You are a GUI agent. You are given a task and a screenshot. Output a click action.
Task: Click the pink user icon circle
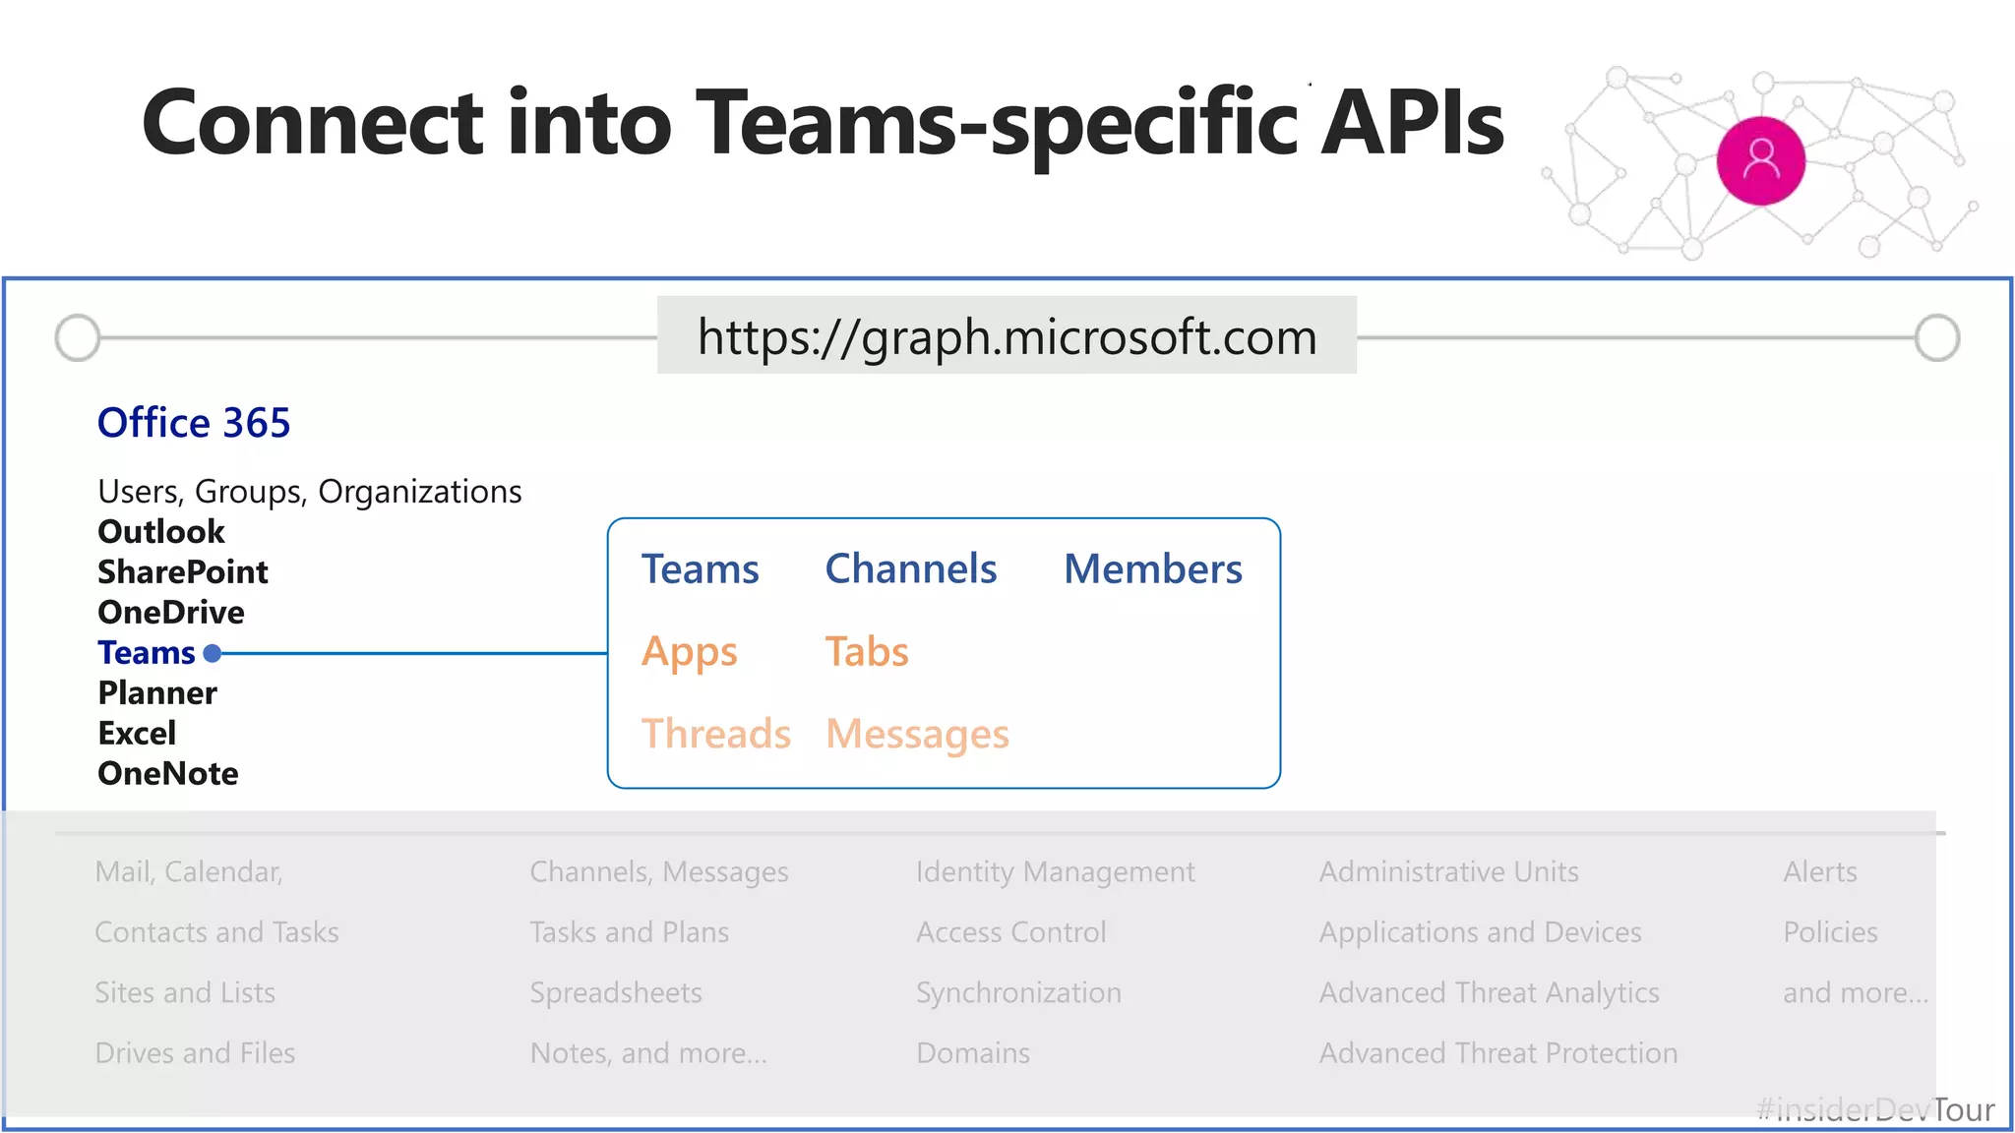pyautogui.click(x=1760, y=160)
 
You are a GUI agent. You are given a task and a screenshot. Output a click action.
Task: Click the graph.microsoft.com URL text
pyautogui.click(x=1007, y=337)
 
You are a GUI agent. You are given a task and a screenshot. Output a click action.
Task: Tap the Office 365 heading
pyautogui.click(x=194, y=423)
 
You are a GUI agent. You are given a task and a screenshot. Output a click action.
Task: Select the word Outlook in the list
pyautogui.click(x=161, y=532)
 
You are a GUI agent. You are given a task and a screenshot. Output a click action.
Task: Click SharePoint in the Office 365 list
pyautogui.click(x=183, y=572)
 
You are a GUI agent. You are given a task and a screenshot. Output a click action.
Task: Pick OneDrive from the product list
pyautogui.click(x=171, y=613)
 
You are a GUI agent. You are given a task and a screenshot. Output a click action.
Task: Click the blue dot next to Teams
pyautogui.click(x=213, y=653)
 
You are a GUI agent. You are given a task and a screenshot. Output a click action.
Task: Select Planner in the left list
pyautogui.click(x=157, y=693)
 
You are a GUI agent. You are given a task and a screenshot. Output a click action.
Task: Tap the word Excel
pyautogui.click(x=137, y=734)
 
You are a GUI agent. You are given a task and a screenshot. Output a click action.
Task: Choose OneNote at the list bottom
pyautogui.click(x=168, y=774)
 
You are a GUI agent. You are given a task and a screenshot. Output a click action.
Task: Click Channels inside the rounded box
pyautogui.click(x=910, y=569)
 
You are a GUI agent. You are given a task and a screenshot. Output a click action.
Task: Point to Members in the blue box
pyautogui.click(x=1152, y=569)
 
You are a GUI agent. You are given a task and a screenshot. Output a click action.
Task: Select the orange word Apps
pyautogui.click(x=689, y=652)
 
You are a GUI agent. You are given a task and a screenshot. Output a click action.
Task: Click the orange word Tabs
pyautogui.click(x=866, y=652)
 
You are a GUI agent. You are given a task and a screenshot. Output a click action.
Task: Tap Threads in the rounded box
pyautogui.click(x=715, y=735)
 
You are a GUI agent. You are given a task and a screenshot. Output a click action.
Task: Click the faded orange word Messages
pyautogui.click(x=917, y=735)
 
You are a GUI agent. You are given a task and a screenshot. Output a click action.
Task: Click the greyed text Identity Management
pyautogui.click(x=1055, y=872)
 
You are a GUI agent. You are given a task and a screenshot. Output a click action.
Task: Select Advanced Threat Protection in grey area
pyautogui.click(x=1497, y=1053)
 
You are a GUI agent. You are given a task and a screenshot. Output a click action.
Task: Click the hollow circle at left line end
pyautogui.click(x=78, y=338)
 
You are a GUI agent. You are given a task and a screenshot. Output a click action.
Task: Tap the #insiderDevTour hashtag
pyautogui.click(x=1874, y=1110)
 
